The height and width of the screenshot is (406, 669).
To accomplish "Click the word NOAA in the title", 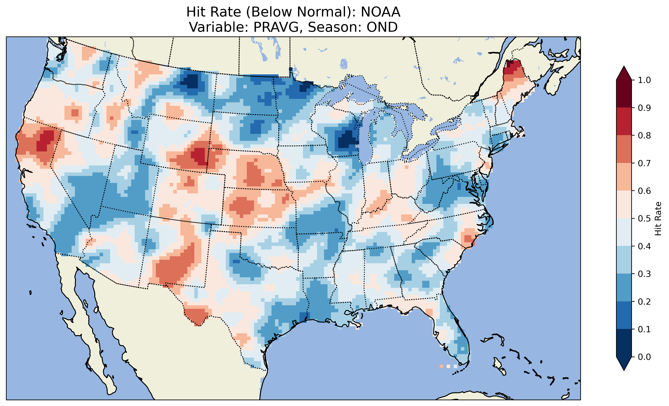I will click(x=380, y=12).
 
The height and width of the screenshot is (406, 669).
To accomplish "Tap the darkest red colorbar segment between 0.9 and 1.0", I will click(x=624, y=94).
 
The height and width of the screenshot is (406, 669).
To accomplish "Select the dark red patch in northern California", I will click(x=45, y=140).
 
